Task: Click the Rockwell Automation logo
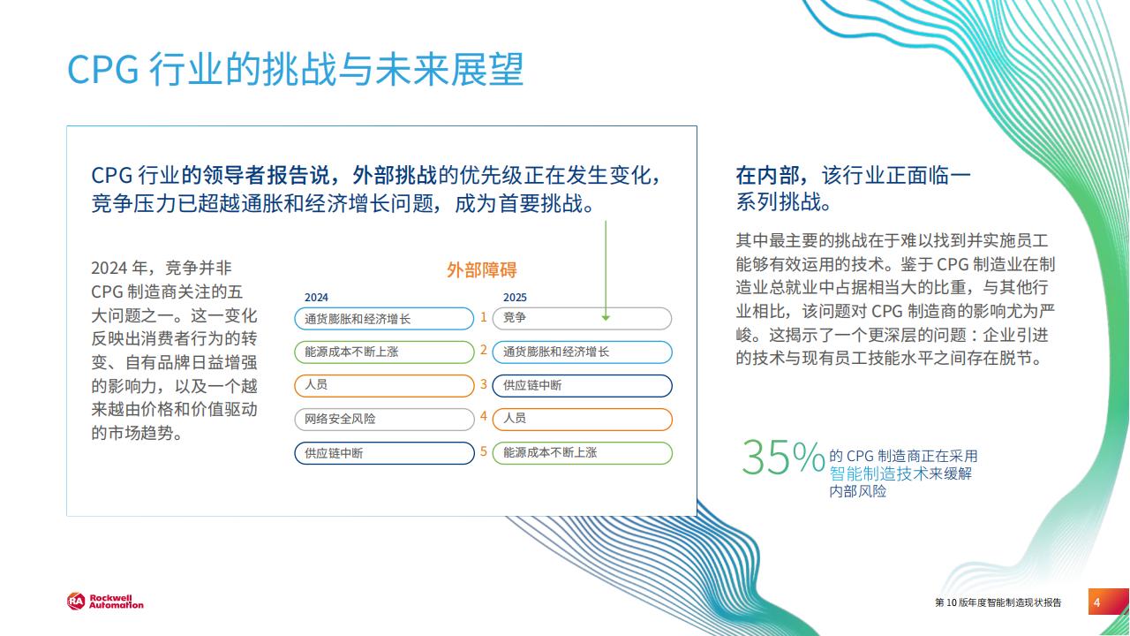(x=105, y=602)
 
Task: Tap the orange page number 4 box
(x=1108, y=602)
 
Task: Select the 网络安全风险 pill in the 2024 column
(x=384, y=420)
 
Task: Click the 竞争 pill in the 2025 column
(x=582, y=319)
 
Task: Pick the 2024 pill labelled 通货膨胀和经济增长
(x=384, y=319)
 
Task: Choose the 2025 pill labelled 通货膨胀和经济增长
(x=582, y=352)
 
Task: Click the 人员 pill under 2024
(x=384, y=386)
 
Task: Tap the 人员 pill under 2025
(x=582, y=420)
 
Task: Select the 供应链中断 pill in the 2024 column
(x=384, y=453)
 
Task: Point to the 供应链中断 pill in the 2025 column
(x=582, y=386)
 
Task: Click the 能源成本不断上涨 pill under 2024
(x=384, y=352)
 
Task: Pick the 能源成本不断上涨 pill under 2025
(x=582, y=453)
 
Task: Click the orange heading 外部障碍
(x=482, y=270)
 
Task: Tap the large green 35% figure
(x=783, y=457)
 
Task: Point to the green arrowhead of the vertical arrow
(x=606, y=317)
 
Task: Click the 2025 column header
(x=515, y=298)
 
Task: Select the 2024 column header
(x=316, y=298)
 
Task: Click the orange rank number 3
(x=483, y=384)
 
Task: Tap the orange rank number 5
(x=483, y=451)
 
